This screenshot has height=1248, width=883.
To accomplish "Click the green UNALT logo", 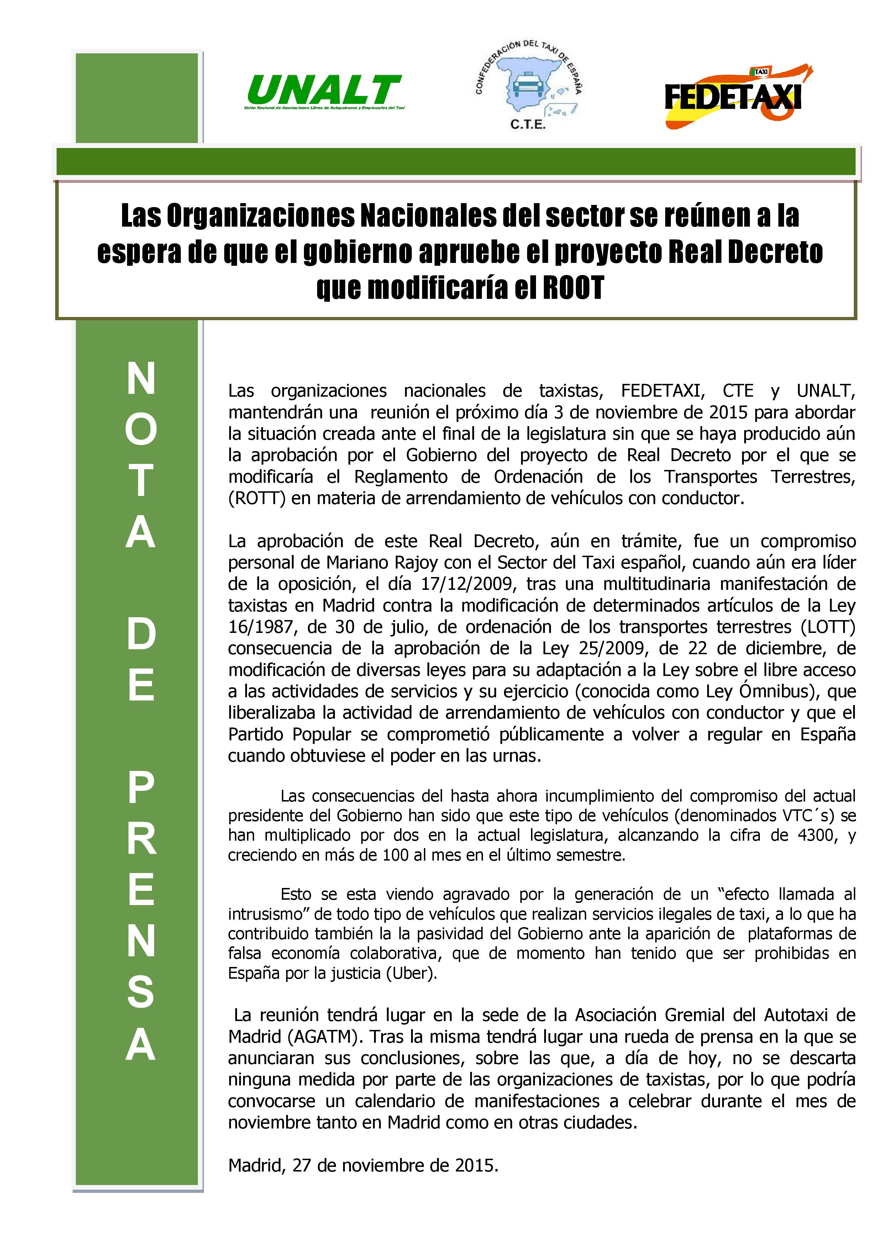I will (x=324, y=91).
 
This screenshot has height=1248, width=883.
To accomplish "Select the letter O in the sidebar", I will (x=141, y=429).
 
